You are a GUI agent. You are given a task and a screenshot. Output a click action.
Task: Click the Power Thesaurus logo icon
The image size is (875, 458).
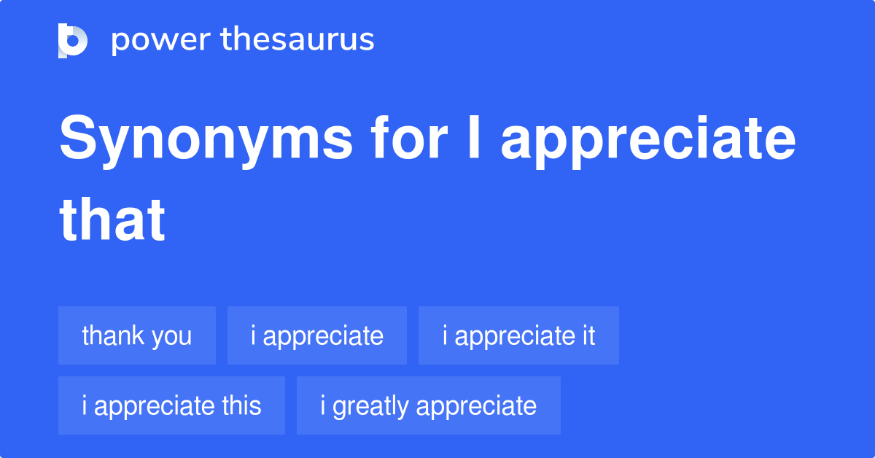click(73, 40)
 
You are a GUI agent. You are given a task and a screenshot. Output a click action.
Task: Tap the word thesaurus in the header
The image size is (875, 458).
click(298, 40)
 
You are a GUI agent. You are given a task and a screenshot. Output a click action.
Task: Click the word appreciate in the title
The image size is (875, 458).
click(648, 142)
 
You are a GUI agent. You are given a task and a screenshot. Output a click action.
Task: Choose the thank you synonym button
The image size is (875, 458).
click(137, 335)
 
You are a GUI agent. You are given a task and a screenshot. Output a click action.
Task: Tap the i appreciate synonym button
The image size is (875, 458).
click(316, 335)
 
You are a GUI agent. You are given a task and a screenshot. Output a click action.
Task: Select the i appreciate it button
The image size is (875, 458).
click(518, 335)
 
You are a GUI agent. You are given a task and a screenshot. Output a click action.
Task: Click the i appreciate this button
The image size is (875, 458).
click(171, 405)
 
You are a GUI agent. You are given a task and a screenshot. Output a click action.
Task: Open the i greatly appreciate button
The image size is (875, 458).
click(428, 405)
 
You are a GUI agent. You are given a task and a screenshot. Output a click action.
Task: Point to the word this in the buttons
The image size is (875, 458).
click(238, 405)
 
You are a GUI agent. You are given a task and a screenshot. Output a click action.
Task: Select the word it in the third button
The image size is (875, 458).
click(588, 335)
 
